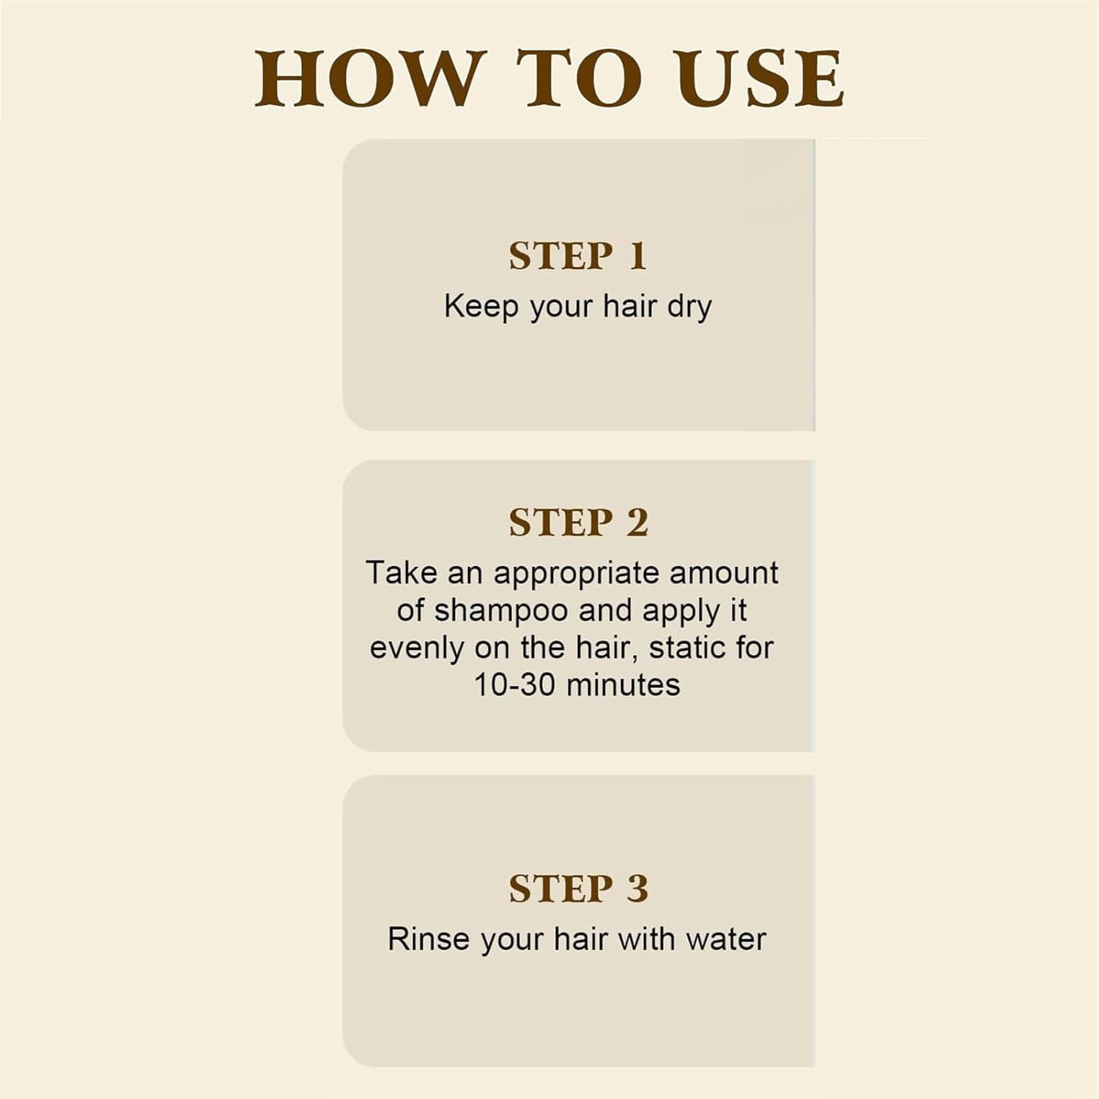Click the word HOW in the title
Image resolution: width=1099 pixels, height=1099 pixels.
click(x=370, y=78)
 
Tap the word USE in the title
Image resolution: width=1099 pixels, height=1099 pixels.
click(x=761, y=78)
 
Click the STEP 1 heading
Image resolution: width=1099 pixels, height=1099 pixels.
click(x=578, y=256)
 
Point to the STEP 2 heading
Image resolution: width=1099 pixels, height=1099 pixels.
click(x=579, y=523)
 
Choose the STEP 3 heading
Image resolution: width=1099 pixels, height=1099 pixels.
click(x=579, y=889)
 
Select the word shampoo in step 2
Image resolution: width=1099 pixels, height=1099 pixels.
click(x=501, y=612)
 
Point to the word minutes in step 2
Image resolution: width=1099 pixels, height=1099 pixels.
click(x=623, y=685)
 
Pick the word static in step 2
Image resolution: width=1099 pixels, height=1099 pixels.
click(x=686, y=648)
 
